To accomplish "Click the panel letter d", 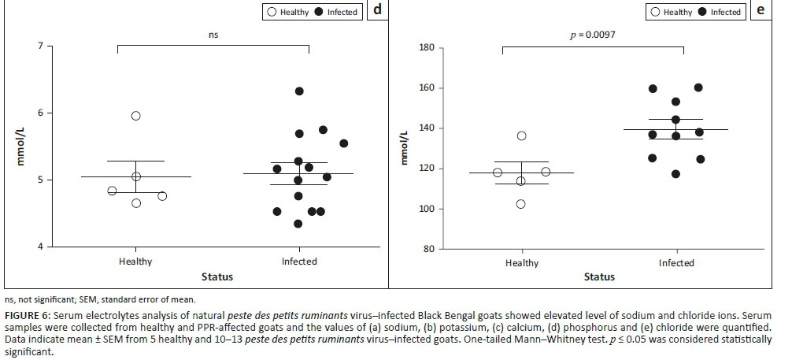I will tap(377, 12).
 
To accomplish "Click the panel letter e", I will tap(761, 12).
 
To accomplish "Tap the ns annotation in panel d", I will tap(213, 34).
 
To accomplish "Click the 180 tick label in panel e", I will tap(427, 48).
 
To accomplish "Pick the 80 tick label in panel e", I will tap(429, 250).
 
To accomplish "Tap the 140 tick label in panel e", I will tap(427, 128).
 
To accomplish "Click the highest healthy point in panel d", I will tap(135, 116).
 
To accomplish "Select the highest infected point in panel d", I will tap(299, 91).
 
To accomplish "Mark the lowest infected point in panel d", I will tap(298, 224).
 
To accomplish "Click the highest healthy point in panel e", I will tap(521, 135).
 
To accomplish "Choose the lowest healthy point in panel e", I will tap(520, 204).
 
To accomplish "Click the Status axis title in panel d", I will tap(217, 276).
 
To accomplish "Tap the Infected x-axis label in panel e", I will tap(676, 263).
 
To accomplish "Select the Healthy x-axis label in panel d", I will tap(135, 262).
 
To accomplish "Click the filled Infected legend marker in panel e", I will tap(703, 12).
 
